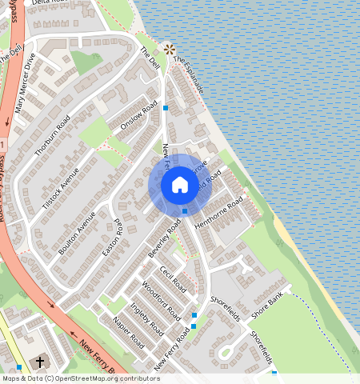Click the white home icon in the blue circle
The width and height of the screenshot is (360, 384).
point(180,186)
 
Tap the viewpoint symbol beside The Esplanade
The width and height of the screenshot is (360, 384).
point(169,49)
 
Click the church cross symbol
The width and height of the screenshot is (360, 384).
point(40,362)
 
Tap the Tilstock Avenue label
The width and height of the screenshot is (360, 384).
point(60,190)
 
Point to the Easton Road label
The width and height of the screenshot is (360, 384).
point(113,238)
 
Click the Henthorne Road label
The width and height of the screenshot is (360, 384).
point(218,216)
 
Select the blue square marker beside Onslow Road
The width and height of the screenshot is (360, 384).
point(166,106)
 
